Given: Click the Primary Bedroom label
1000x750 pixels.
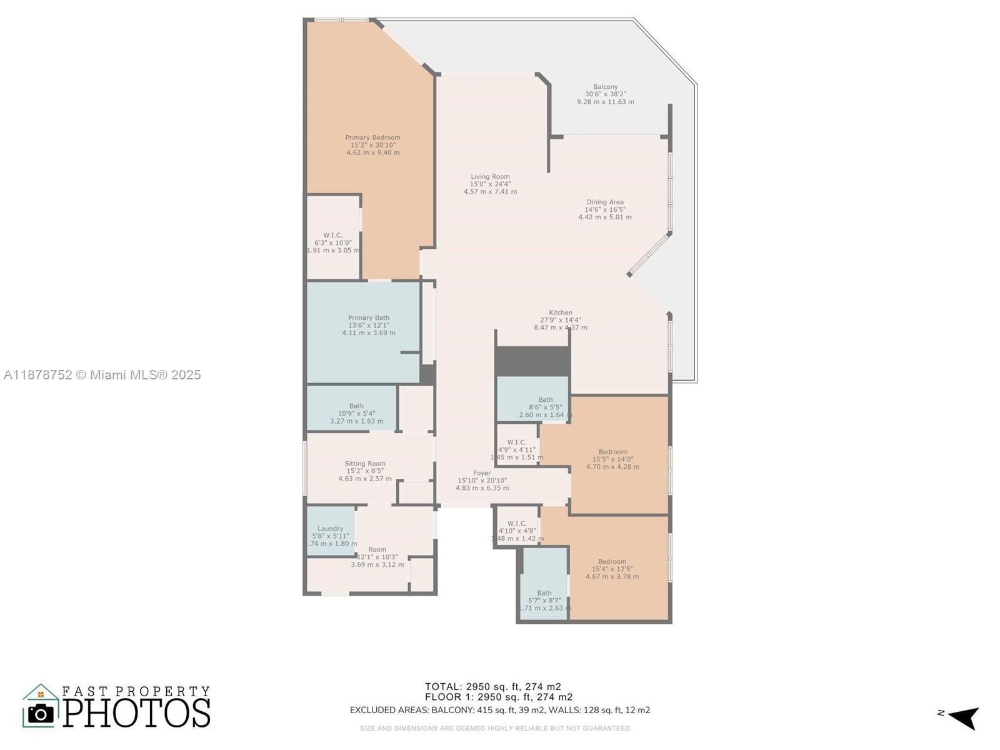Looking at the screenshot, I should tap(372, 138).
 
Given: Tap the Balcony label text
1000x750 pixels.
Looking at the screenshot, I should tap(605, 87).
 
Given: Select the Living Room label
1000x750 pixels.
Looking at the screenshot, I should tap(490, 177).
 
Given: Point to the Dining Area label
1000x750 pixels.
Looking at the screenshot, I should tap(604, 202).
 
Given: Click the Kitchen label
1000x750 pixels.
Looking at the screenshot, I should tap(560, 313).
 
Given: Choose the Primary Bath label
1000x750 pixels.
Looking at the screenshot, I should tap(368, 318).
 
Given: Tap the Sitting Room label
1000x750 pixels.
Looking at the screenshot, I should tap(365, 464).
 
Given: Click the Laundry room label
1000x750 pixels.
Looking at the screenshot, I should tap(330, 529).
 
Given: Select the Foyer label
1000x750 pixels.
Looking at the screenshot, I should tap(482, 473).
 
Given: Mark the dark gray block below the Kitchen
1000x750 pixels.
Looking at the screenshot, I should tap(532, 361).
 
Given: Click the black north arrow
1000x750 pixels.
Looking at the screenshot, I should tap(964, 717).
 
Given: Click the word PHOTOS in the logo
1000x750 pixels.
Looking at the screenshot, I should tap(136, 712).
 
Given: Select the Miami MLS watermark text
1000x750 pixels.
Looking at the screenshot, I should tap(102, 375).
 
